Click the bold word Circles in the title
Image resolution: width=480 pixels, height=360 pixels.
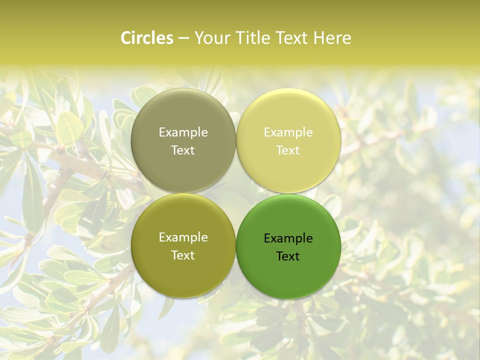click(x=147, y=38)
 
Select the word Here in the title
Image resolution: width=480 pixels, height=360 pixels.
click(x=333, y=38)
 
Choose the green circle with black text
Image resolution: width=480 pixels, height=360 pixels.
click(x=288, y=270)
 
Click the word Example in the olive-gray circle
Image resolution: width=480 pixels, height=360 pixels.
click(x=183, y=132)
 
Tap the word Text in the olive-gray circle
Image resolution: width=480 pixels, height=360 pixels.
click(x=183, y=150)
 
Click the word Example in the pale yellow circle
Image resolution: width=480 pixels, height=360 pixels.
click(x=288, y=132)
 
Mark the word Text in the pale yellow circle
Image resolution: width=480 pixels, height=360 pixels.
click(x=288, y=150)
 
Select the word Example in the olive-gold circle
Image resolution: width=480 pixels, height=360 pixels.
click(x=183, y=237)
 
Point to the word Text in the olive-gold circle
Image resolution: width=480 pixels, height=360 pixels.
click(x=183, y=255)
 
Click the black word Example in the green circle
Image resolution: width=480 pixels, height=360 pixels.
click(x=288, y=238)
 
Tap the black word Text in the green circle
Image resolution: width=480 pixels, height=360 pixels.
click(x=288, y=256)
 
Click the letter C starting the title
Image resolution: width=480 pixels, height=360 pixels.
click(x=126, y=38)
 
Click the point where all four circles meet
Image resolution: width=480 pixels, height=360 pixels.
click(x=236, y=193)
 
